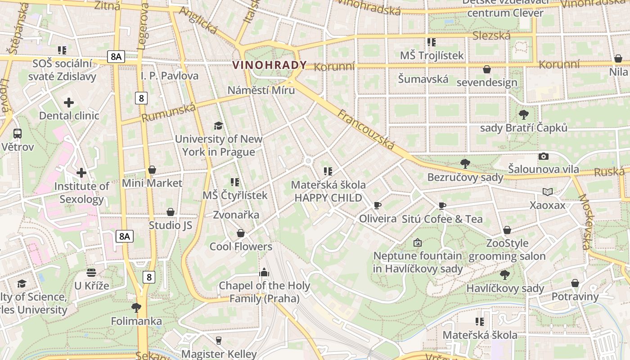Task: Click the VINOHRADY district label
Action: tap(269, 65)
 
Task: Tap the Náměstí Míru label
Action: tap(261, 90)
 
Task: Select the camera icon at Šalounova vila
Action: tap(544, 156)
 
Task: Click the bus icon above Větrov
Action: tap(18, 134)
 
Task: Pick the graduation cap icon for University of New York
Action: tap(218, 126)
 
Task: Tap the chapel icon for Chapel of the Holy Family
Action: tap(264, 272)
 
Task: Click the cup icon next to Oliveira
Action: tap(377, 206)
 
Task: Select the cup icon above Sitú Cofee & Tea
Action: tap(442, 206)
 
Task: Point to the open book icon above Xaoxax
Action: tap(547, 192)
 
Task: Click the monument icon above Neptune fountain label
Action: tap(418, 243)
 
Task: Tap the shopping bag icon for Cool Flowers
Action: tap(241, 233)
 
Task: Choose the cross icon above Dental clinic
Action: tap(69, 103)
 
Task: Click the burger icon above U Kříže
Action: tap(91, 272)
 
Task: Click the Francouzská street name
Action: tap(366, 130)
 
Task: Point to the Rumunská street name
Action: tap(169, 112)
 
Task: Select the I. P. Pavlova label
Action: tap(169, 76)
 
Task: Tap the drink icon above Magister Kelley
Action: tap(219, 340)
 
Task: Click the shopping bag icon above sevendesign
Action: tap(486, 69)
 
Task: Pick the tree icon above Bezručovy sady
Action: tap(465, 164)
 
